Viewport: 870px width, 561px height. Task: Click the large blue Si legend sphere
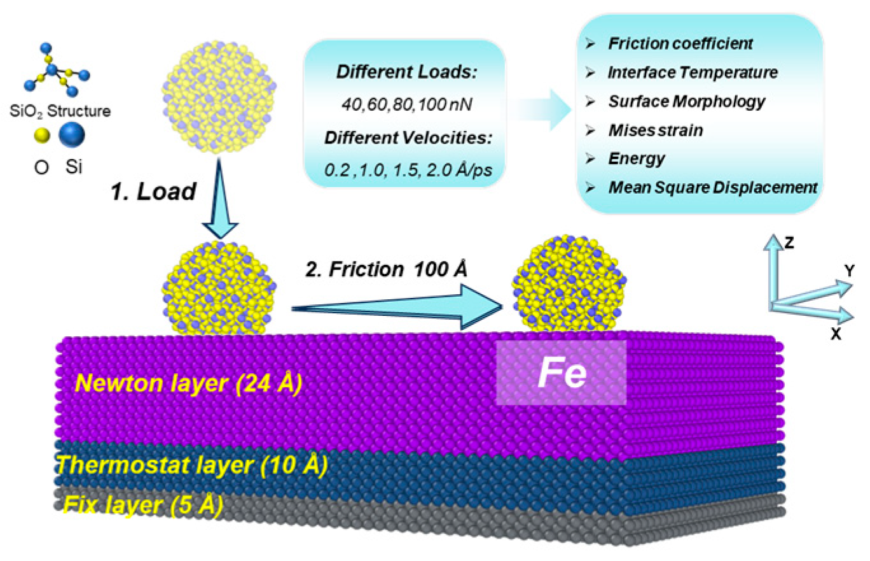coord(71,135)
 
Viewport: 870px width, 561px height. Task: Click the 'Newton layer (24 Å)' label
coord(188,384)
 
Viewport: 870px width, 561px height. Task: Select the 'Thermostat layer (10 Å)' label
coord(191,466)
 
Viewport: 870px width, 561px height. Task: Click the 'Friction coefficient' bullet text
coord(680,44)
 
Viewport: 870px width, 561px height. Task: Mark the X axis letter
coord(836,333)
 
